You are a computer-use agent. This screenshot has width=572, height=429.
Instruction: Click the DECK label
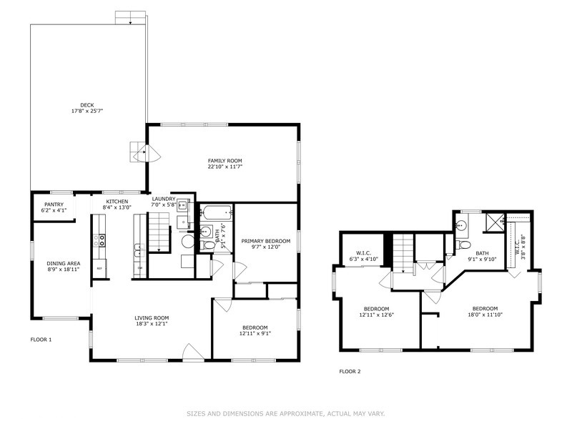(87, 105)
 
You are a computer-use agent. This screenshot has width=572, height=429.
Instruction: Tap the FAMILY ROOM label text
(222, 160)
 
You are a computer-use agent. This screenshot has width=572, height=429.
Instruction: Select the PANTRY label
(54, 204)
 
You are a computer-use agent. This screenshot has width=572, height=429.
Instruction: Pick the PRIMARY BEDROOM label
(265, 241)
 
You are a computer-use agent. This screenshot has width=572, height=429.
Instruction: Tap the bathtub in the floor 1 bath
(217, 212)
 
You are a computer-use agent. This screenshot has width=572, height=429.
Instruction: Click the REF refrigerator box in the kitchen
(99, 268)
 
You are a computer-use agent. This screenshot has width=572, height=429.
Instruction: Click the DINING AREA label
(64, 263)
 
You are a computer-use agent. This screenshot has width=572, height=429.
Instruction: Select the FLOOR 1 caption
(41, 340)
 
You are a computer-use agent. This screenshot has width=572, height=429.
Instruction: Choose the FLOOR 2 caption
(350, 372)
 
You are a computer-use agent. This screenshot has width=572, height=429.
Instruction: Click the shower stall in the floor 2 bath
(494, 223)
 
